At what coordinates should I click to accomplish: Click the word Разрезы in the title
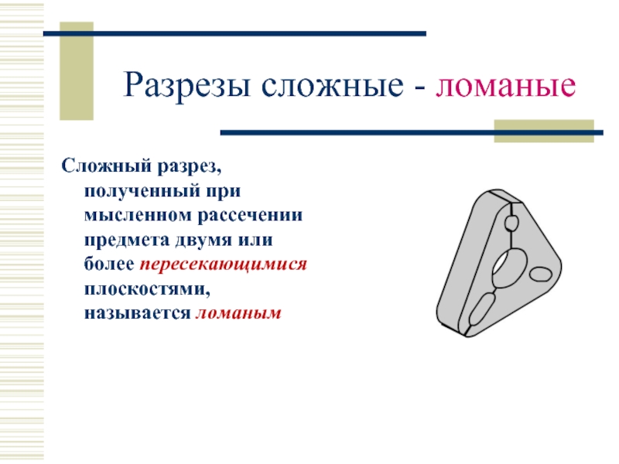[186, 85]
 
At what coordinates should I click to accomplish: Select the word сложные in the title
[332, 85]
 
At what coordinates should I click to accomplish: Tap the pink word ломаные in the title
[506, 86]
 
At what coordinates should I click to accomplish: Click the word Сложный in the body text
[107, 166]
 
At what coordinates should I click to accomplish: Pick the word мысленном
[138, 216]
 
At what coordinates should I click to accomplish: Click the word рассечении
[250, 216]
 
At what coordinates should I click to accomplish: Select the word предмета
[126, 241]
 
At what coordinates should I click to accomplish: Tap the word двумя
[203, 241]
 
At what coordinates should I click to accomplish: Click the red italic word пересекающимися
[223, 264]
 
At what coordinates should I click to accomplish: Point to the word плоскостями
[147, 289]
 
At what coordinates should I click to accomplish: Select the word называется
[138, 313]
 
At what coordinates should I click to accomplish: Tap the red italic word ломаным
[238, 313]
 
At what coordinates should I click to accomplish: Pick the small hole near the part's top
[511, 223]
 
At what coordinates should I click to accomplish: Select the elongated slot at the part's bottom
[481, 307]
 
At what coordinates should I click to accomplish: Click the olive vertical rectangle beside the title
[77, 71]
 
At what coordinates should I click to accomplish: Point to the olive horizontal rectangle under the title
[544, 131]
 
